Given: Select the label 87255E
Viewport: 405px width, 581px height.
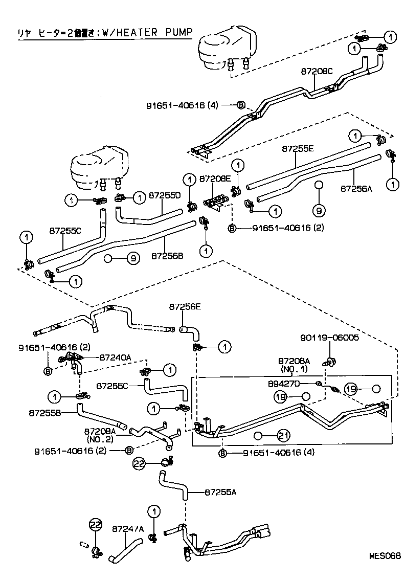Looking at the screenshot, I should click(x=298, y=149).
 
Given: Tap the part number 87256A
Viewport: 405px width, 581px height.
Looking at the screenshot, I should click(x=356, y=188).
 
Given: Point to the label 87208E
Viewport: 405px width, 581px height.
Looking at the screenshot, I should click(x=215, y=179).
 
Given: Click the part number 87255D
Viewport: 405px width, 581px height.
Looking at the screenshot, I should click(x=165, y=195).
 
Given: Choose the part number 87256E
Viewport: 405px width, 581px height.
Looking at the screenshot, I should click(x=185, y=307).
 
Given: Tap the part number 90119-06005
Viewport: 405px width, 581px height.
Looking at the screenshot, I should click(x=329, y=338).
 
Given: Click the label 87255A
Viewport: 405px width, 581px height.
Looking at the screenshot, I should click(x=220, y=493).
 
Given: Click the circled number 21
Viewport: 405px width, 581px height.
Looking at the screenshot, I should click(x=284, y=435).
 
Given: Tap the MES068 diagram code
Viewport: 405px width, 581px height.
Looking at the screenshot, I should click(x=385, y=555).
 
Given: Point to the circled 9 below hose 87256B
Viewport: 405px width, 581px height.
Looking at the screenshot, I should click(x=132, y=259).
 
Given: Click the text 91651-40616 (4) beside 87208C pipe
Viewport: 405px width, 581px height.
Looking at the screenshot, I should click(x=183, y=105).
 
